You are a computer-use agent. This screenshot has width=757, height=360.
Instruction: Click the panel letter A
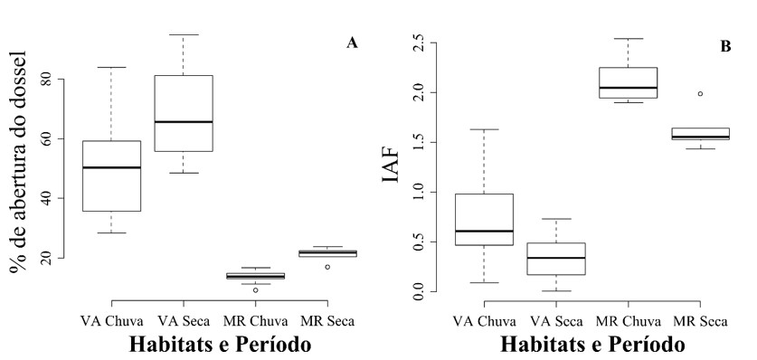tap(353, 43)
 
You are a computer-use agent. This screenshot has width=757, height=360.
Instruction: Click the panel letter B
tap(724, 45)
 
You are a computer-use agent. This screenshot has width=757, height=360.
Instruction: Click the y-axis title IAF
tap(391, 167)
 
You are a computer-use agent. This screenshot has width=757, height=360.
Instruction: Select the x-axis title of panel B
tap(593, 345)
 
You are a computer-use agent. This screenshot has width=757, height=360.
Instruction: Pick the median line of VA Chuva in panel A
tap(111, 167)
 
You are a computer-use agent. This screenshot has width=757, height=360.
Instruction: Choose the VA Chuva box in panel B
tap(483, 219)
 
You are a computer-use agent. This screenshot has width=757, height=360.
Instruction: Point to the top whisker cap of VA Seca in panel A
tap(184, 34)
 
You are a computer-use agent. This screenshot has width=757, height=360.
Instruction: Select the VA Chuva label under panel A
tap(110, 319)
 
